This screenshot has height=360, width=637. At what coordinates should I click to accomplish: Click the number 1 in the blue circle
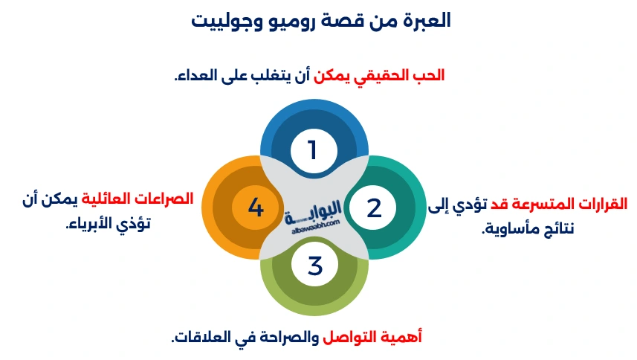pos(313,150)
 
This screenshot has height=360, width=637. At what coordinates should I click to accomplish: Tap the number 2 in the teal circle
pos(374,208)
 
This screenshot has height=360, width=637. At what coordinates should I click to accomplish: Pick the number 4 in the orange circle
pos(256,208)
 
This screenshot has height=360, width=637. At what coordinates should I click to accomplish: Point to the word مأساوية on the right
pos(514,228)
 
